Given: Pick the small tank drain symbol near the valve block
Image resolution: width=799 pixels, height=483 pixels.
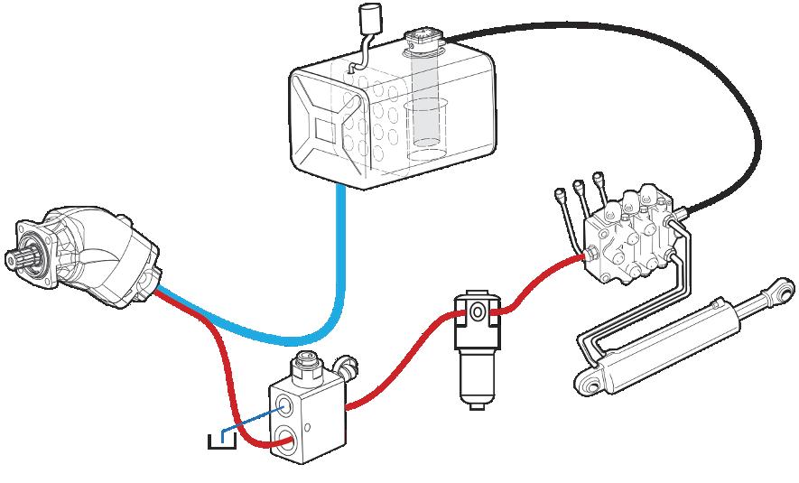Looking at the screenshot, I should click(220, 440).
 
